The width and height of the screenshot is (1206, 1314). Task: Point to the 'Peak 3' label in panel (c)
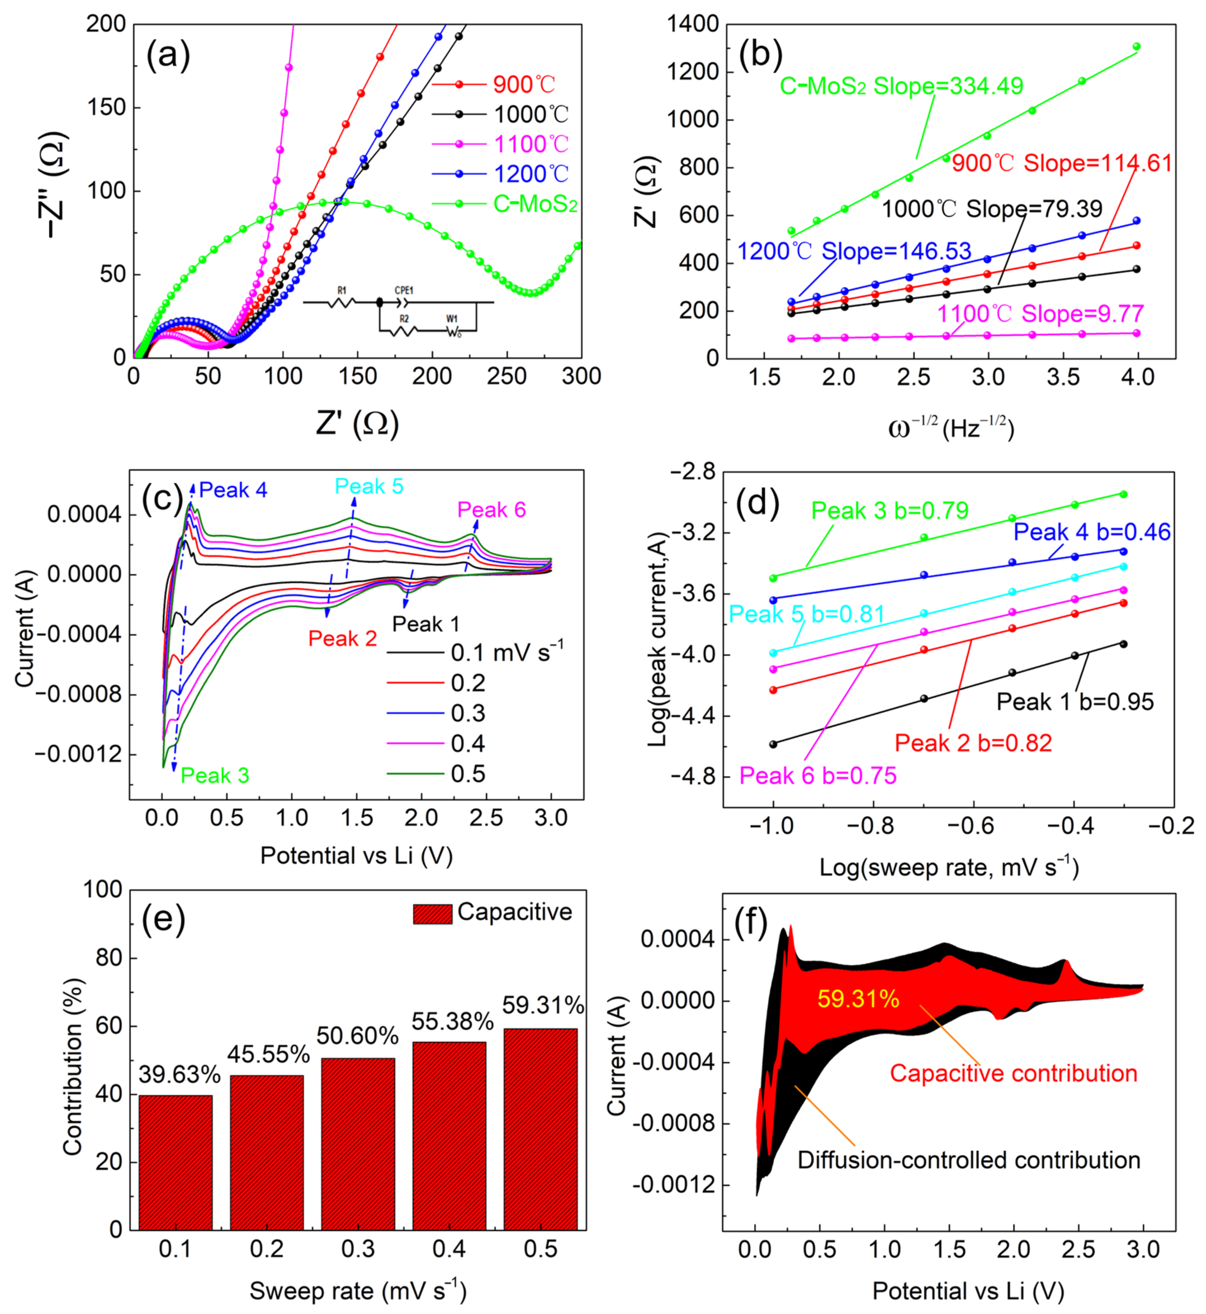[x=215, y=776]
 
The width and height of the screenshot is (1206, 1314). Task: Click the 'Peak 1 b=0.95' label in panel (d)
[x=1075, y=702]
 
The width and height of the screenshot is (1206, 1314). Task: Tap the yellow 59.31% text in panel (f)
[x=858, y=999]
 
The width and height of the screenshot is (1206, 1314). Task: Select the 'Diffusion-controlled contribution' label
[x=969, y=1160]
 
